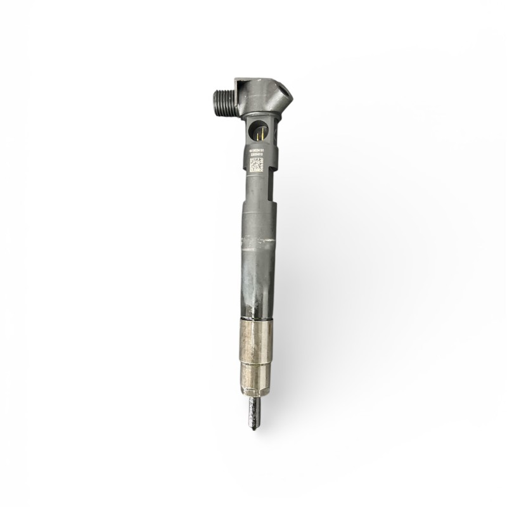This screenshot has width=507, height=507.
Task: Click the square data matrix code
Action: (x=256, y=164)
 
